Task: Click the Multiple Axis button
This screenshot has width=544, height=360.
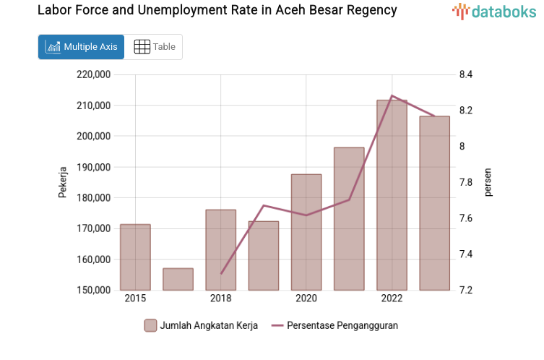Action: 81,47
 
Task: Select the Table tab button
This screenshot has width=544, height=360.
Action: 155,47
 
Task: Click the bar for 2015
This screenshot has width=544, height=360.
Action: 135,257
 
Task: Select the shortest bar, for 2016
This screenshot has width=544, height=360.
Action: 178,279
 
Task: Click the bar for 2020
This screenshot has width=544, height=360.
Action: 306,232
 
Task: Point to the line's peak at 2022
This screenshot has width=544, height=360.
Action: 392,95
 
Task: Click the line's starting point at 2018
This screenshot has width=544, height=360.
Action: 221,274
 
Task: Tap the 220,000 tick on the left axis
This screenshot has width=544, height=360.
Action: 93,74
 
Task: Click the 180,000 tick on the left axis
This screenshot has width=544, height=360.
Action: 93,197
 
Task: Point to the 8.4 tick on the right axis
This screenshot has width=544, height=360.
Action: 465,74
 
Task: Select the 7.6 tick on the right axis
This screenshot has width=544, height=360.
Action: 465,218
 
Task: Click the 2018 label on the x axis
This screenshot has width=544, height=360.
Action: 220,299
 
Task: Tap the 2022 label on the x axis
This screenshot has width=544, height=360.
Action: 392,299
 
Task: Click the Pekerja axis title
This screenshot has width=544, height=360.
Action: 63,182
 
